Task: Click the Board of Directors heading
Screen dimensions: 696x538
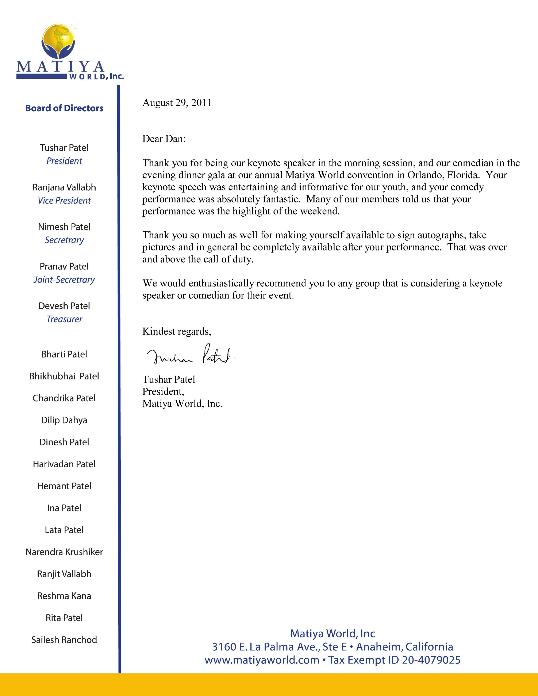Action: [64, 108]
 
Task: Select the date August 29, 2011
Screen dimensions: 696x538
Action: [177, 103]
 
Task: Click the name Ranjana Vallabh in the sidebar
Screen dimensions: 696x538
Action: [64, 187]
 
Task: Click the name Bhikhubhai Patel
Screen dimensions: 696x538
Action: [64, 376]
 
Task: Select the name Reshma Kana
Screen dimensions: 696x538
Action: [64, 596]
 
